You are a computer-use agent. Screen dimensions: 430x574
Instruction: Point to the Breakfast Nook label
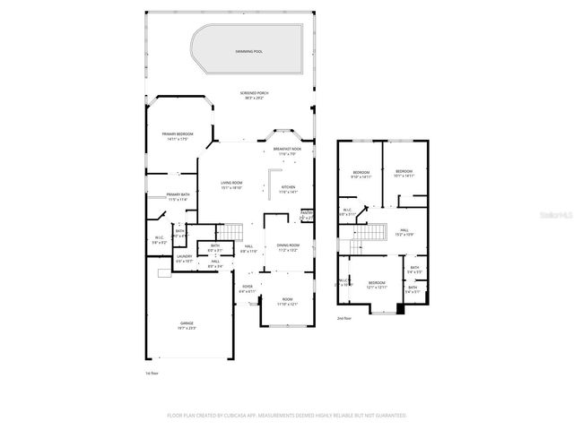pos(287,151)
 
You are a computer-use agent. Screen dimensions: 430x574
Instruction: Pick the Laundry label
pos(185,258)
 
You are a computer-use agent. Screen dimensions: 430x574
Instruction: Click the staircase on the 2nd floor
pos(370,235)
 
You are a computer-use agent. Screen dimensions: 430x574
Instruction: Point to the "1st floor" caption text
pos(152,374)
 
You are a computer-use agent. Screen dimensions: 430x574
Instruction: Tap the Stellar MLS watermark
pos(554,216)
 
